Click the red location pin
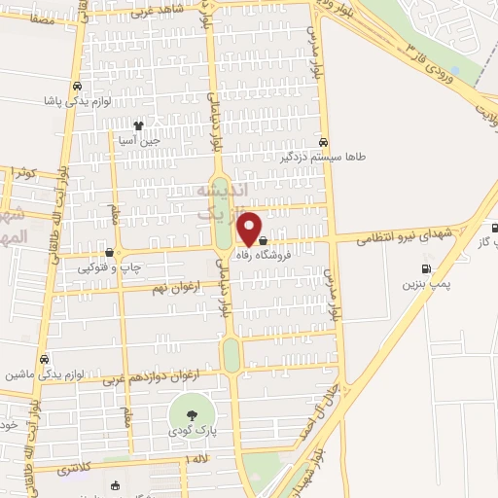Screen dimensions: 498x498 pos(250,228)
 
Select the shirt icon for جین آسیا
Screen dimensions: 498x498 pos(138,125)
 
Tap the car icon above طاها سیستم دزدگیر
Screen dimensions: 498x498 pos(337,140)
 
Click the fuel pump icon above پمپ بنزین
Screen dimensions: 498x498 pos(424,268)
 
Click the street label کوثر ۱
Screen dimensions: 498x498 pos(25,173)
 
